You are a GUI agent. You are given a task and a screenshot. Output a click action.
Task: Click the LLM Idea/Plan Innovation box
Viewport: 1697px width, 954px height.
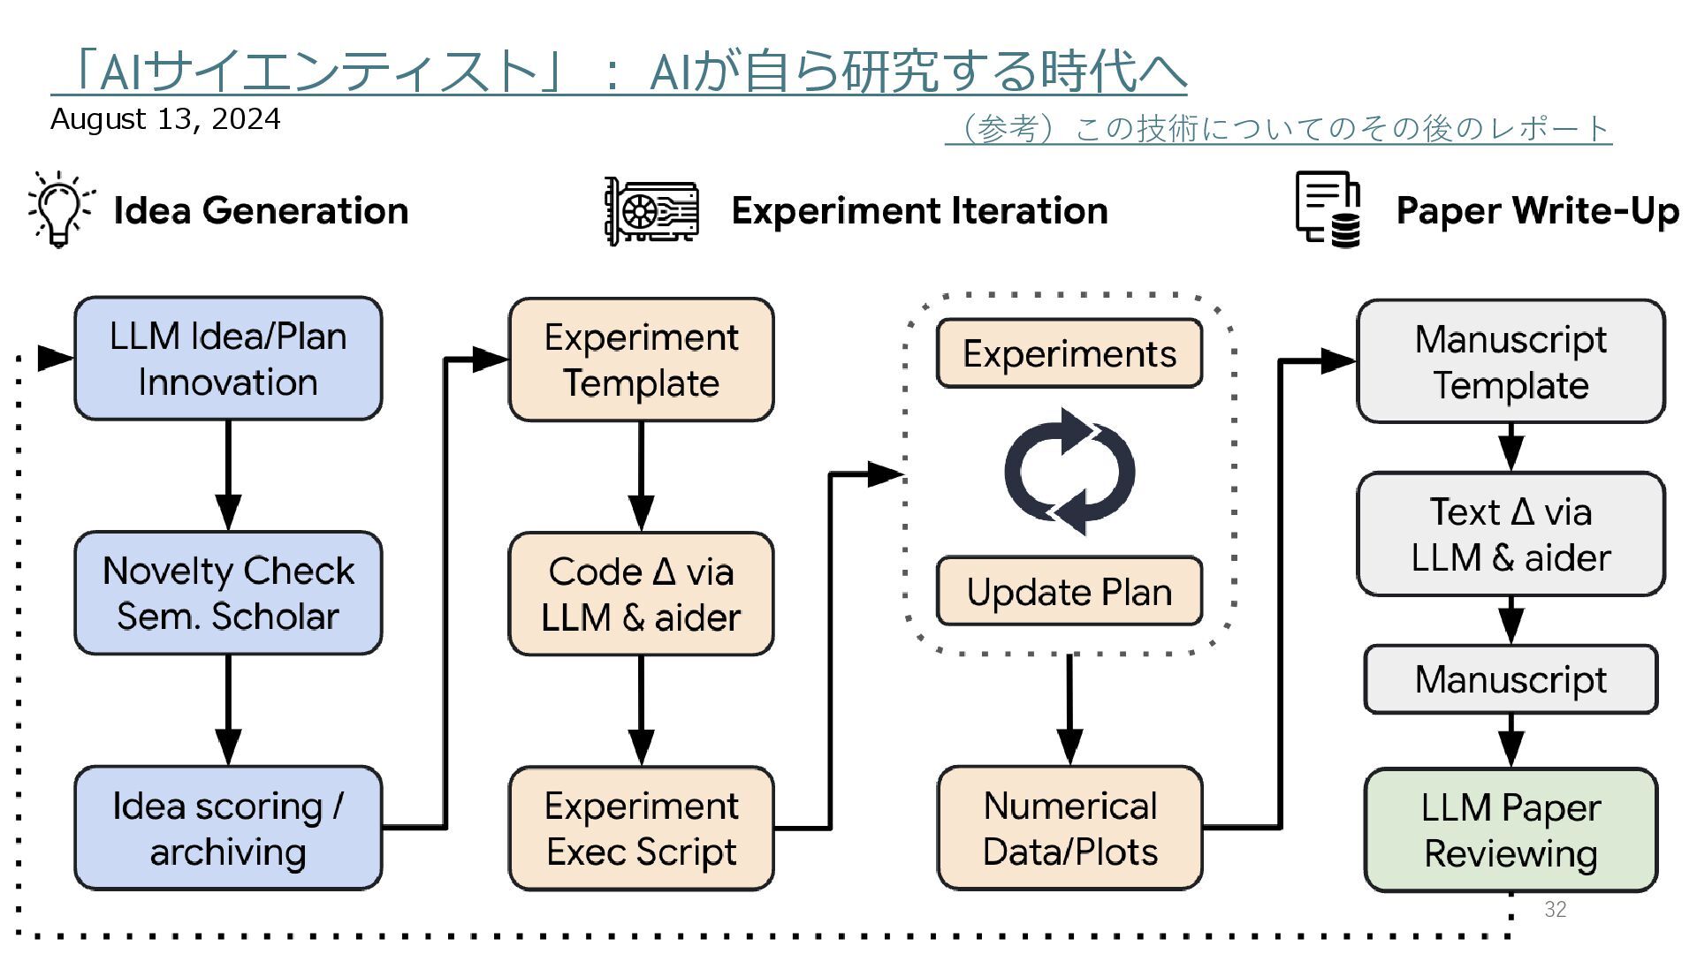click(x=228, y=359)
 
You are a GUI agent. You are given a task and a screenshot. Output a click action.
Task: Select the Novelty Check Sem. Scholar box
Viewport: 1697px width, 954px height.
click(x=228, y=593)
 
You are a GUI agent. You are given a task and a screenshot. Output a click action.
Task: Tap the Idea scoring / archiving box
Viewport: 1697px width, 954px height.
click(x=228, y=828)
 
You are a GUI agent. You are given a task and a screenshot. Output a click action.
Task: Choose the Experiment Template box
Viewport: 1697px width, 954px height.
click(x=641, y=360)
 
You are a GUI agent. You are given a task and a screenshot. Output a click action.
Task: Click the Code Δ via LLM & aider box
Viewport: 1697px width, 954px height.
click(x=641, y=594)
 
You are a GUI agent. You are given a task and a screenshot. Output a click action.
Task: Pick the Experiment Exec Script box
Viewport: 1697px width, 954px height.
click(x=641, y=828)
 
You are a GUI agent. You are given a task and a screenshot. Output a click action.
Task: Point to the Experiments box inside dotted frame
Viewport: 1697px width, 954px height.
click(x=1069, y=353)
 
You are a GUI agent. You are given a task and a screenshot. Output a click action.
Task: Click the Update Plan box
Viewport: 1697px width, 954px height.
click(x=1069, y=591)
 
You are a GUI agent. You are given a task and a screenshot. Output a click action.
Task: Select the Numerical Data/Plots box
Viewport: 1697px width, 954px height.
click(x=1069, y=828)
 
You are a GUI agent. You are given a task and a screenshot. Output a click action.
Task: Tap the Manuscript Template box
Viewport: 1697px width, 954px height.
click(x=1511, y=361)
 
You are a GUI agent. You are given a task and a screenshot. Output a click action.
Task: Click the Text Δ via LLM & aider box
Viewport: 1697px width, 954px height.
click(x=1511, y=534)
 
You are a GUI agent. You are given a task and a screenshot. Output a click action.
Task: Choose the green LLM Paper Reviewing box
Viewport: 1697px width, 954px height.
click(x=1511, y=830)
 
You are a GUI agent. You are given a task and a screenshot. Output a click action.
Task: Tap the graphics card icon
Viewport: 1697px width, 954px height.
click(x=651, y=210)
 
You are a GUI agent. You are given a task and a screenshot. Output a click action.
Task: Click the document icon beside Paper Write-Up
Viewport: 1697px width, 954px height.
click(x=1328, y=209)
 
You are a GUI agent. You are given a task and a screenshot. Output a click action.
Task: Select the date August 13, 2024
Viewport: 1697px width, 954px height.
click(x=165, y=119)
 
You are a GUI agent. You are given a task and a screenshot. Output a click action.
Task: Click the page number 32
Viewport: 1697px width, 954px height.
click(x=1556, y=909)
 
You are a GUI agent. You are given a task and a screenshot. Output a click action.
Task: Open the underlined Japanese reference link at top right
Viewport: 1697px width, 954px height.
click(x=1278, y=129)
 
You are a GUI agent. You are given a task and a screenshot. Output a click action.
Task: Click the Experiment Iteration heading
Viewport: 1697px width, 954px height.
click(x=919, y=211)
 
